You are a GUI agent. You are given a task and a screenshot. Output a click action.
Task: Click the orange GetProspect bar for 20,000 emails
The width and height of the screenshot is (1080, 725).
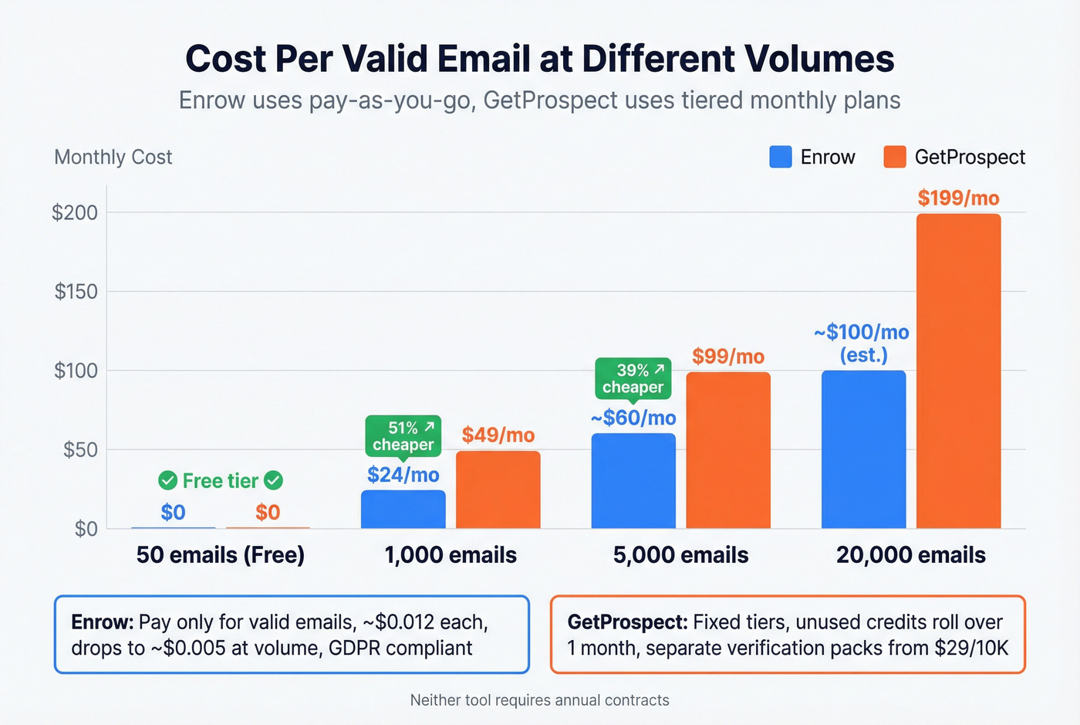click(x=958, y=371)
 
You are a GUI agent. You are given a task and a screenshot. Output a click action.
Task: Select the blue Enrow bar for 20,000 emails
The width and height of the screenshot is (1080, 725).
click(x=863, y=449)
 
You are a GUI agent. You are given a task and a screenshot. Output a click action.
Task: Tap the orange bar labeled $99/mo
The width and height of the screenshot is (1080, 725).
click(x=728, y=450)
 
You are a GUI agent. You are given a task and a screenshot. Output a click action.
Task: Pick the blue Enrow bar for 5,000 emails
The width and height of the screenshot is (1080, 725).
click(x=633, y=480)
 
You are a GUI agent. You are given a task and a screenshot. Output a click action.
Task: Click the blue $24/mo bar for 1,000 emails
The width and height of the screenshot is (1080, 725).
click(x=403, y=509)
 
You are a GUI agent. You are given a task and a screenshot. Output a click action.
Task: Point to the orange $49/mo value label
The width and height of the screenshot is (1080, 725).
click(x=498, y=435)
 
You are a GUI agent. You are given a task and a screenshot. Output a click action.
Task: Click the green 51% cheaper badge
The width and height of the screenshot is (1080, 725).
click(x=403, y=435)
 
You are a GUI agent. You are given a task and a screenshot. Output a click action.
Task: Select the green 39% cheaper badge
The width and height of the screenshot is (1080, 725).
click(x=633, y=378)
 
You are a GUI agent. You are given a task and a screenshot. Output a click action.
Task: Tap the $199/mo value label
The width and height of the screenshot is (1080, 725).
click(x=958, y=198)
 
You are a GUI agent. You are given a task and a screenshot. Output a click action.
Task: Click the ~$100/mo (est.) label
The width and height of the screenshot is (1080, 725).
click(x=862, y=344)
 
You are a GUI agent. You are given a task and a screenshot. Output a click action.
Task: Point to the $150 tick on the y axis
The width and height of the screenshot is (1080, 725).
click(x=76, y=291)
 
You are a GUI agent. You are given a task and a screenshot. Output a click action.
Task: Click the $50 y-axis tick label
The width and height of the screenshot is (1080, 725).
click(x=80, y=449)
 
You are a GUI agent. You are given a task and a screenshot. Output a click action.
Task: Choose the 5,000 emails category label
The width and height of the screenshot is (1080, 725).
click(x=680, y=555)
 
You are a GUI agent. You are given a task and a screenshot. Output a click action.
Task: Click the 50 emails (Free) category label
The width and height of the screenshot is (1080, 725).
click(x=220, y=555)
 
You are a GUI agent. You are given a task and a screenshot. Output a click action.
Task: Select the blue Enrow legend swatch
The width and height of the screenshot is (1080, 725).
click(x=781, y=157)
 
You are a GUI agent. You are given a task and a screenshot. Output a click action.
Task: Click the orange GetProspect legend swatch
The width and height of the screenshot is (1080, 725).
click(x=894, y=157)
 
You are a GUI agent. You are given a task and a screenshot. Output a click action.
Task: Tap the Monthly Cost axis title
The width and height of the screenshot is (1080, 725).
click(x=113, y=157)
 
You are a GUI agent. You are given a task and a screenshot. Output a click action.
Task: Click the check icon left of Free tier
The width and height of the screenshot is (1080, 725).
click(x=167, y=481)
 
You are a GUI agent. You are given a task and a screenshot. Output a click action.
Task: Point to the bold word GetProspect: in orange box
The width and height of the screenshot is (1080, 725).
click(x=627, y=622)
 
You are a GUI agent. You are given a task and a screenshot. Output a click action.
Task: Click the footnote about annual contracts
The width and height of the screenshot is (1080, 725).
click(x=539, y=700)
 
